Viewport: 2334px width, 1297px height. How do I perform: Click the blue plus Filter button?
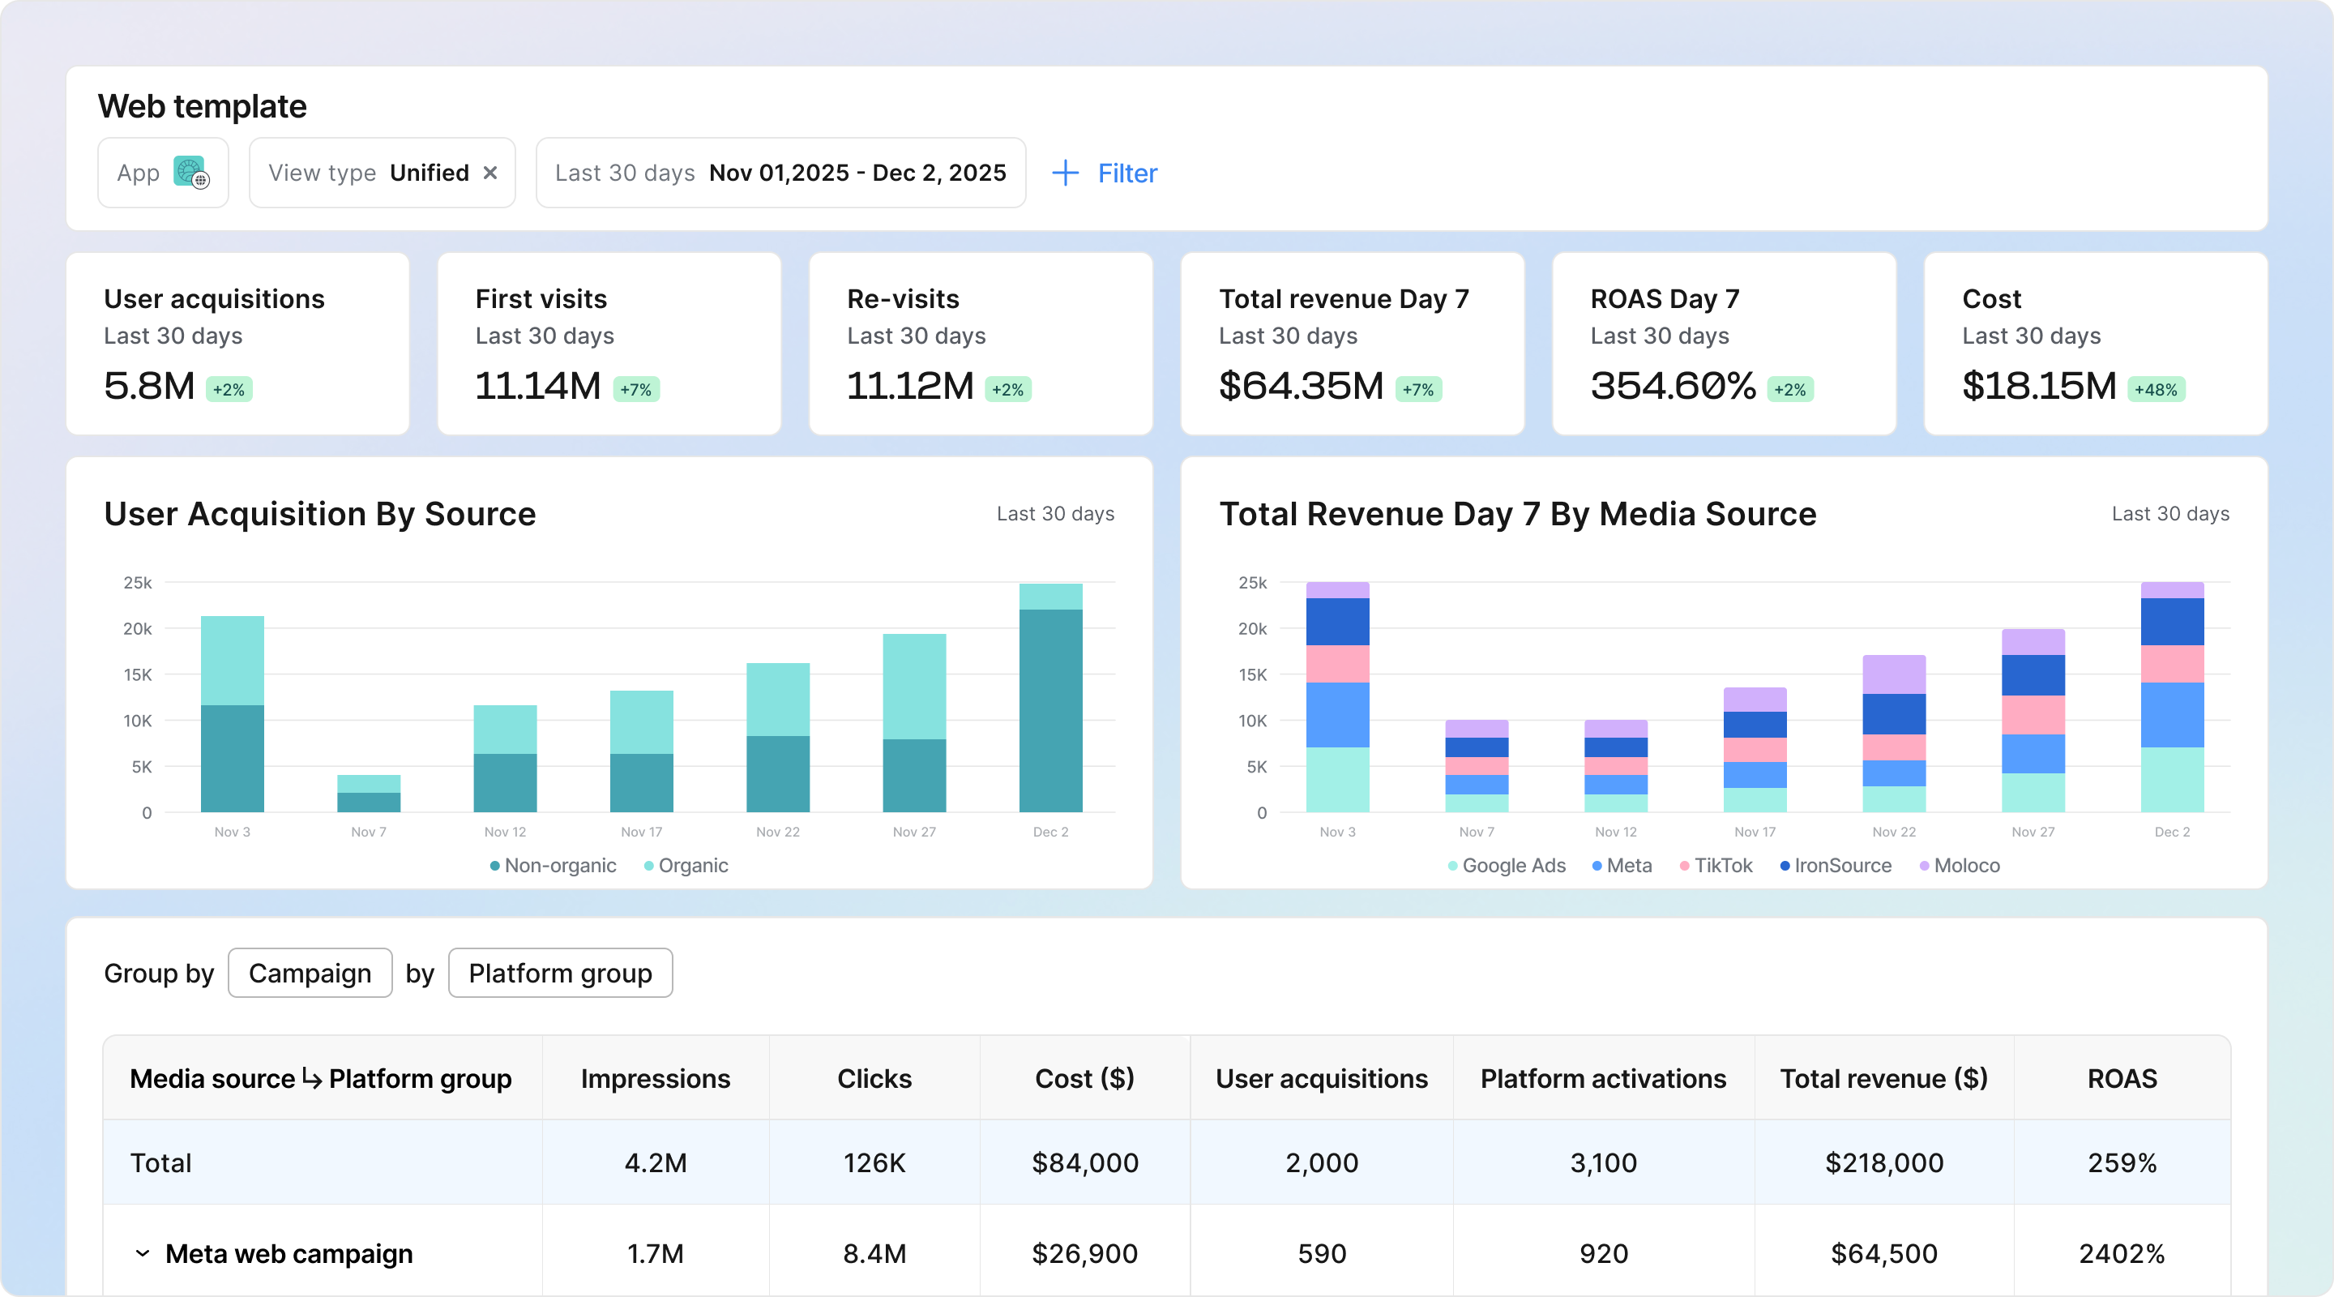coord(1105,173)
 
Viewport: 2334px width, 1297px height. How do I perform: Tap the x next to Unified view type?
coord(490,172)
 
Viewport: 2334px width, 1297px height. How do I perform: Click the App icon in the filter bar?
coord(191,172)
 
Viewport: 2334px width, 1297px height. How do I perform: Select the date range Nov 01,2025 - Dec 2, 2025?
coord(857,172)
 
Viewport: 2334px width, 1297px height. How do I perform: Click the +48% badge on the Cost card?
coord(2157,390)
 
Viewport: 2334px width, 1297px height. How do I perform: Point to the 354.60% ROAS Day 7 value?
coord(1674,386)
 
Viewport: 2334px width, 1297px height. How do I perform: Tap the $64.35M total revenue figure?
coord(1301,386)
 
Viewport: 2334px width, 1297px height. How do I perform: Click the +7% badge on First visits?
coord(636,390)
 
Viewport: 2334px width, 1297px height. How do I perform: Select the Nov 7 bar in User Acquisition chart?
coord(369,793)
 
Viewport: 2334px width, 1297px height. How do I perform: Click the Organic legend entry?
coord(686,866)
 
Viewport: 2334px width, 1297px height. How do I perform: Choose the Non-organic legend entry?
coord(553,866)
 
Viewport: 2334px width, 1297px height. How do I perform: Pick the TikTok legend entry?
coord(1716,866)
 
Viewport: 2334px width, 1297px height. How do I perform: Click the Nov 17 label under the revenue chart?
coord(1755,832)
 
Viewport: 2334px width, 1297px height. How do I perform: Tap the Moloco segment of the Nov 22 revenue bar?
coord(1894,674)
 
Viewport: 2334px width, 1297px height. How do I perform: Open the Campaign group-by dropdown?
coord(310,973)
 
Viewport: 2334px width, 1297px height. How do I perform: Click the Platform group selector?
coord(560,973)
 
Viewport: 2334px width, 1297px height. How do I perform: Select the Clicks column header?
coord(874,1079)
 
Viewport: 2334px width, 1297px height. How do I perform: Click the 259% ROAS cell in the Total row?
coord(2122,1163)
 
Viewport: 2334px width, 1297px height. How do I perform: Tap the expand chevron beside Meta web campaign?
coord(143,1253)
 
